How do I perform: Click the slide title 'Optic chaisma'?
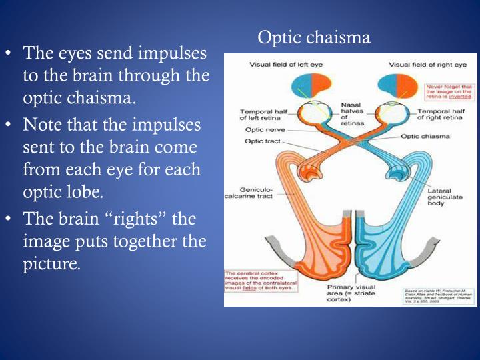[x=313, y=37]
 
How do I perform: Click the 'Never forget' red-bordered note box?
[x=449, y=91]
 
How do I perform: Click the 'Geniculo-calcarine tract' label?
[x=253, y=193]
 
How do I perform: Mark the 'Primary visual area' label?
[x=351, y=294]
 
